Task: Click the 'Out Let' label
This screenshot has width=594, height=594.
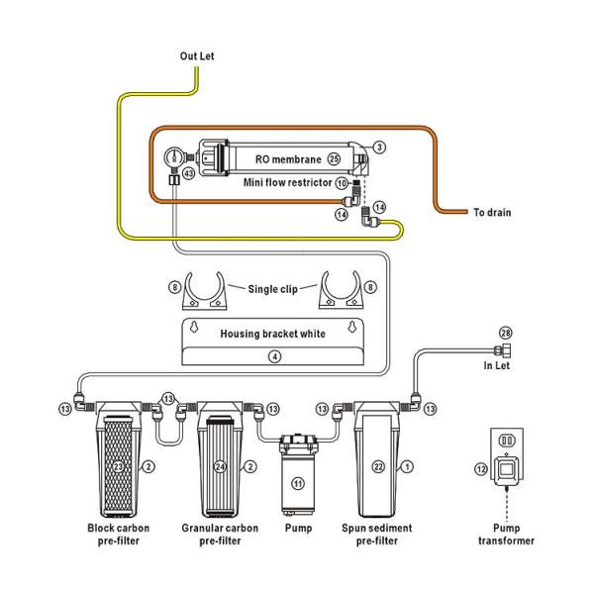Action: pyautogui.click(x=196, y=56)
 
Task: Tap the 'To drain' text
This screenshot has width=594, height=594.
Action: pyautogui.click(x=492, y=212)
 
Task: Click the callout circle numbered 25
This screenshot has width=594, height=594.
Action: pyautogui.click(x=334, y=157)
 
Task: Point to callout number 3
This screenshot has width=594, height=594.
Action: pyautogui.click(x=379, y=147)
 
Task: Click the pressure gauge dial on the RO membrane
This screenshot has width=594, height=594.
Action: pyautogui.click(x=176, y=154)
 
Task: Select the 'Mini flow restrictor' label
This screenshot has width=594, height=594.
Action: pyautogui.click(x=287, y=182)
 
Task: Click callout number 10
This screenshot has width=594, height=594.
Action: pyautogui.click(x=341, y=183)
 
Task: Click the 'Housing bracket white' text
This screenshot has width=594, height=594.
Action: pyautogui.click(x=271, y=334)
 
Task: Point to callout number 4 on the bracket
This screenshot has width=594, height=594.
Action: pyautogui.click(x=275, y=354)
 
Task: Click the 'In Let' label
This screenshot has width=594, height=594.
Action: pyautogui.click(x=496, y=365)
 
